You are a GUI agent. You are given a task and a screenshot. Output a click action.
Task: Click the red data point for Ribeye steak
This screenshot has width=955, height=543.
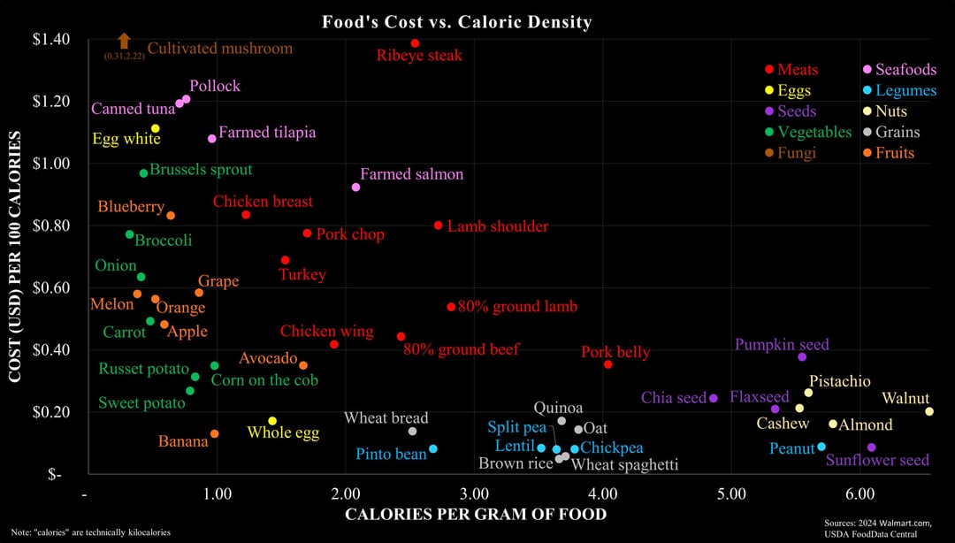pos(415,43)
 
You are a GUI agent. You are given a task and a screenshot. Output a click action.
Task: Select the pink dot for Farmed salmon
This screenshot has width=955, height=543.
pos(355,187)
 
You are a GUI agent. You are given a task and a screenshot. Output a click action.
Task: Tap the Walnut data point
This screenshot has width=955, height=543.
pos(929,411)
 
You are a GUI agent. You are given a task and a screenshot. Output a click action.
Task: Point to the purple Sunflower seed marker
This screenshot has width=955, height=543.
pos(871,447)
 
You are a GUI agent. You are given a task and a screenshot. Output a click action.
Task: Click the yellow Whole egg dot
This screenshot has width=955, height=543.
pos(272,421)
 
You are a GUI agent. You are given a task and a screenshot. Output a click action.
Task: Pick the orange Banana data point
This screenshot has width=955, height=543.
pos(214,434)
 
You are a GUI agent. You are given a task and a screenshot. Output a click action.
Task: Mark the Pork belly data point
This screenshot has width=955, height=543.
pos(607,364)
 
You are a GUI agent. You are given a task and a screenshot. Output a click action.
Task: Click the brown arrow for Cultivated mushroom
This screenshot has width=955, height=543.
pos(124,41)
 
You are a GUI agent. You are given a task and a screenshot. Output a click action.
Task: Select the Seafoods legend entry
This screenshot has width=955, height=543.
pos(898,70)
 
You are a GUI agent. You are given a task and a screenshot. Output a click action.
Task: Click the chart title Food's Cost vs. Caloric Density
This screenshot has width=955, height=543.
pos(456,22)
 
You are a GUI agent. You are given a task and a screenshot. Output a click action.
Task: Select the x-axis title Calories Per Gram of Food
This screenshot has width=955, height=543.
pos(476,515)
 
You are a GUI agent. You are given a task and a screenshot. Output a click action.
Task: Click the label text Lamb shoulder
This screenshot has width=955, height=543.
pos(497,226)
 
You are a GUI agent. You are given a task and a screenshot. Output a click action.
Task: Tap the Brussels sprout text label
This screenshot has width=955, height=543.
pos(201,170)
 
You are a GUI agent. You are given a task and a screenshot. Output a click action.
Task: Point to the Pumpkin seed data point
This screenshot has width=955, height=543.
pos(802,357)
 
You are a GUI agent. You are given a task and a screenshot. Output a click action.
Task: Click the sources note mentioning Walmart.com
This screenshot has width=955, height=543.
pos(878,528)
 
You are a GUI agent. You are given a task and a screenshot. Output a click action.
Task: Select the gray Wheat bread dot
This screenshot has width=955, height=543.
pos(412,432)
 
